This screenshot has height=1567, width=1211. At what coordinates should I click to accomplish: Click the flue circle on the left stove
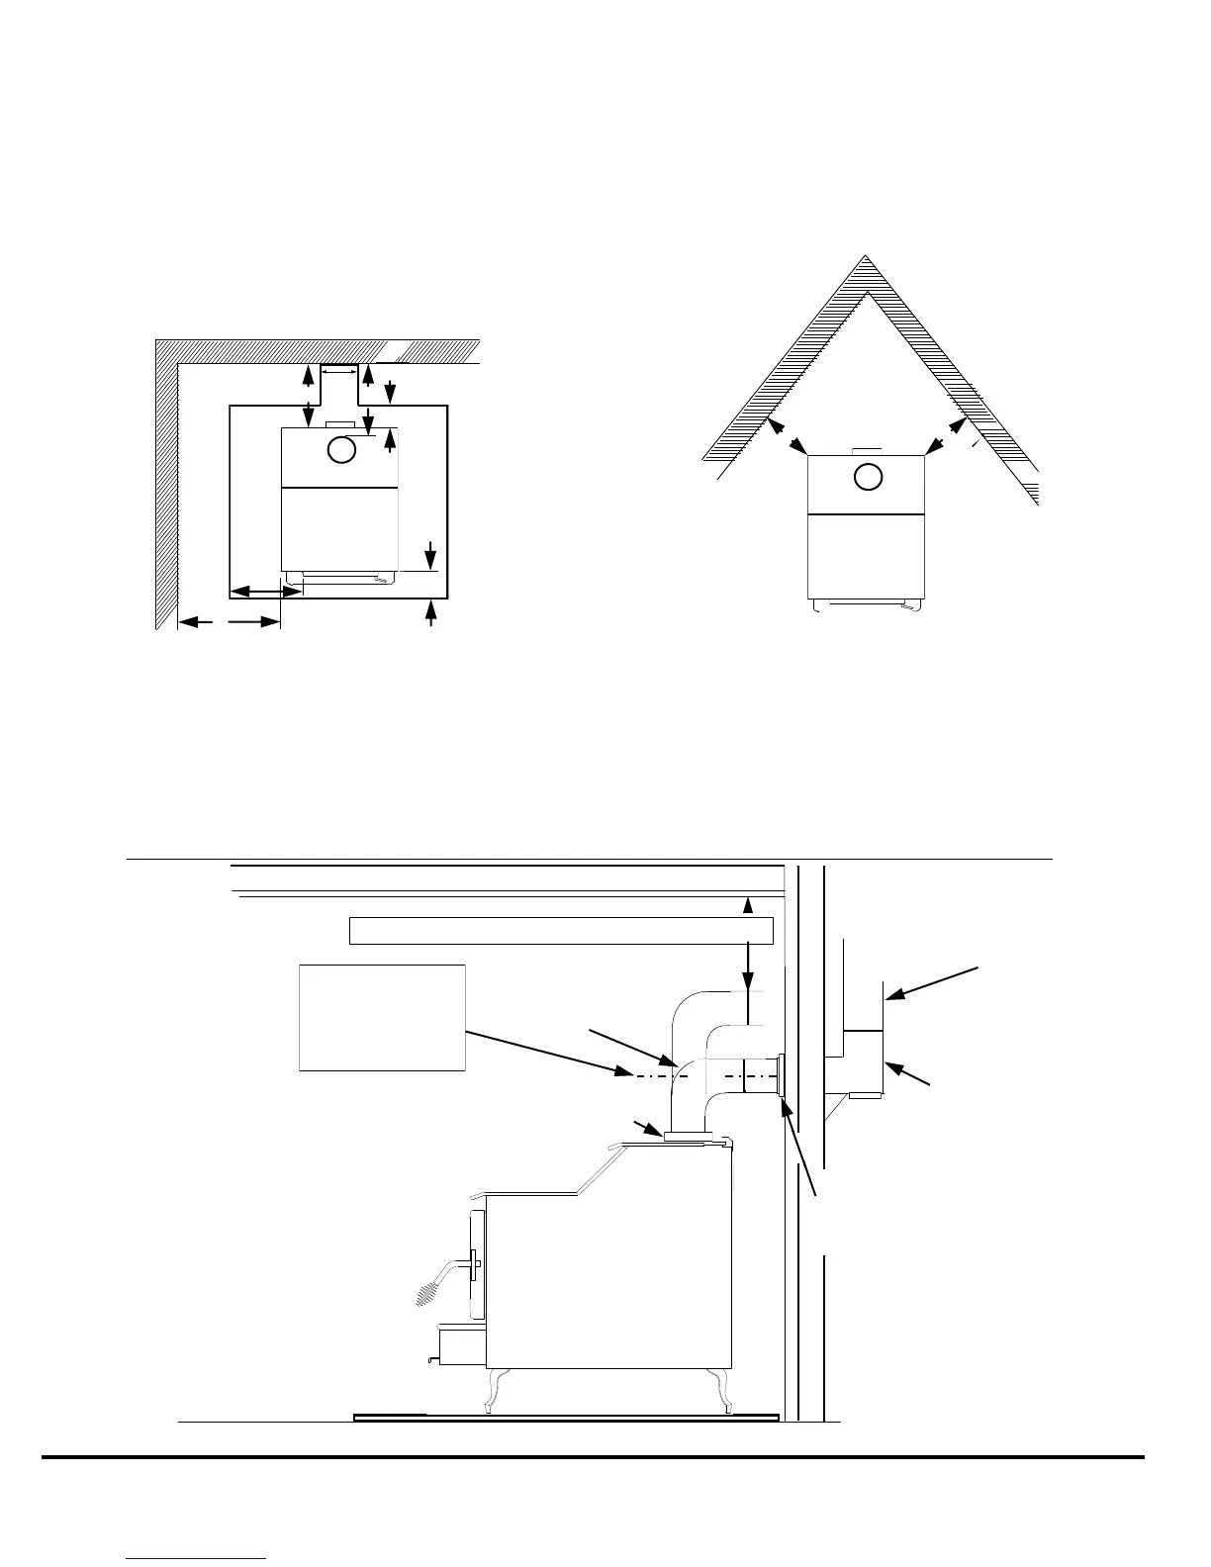click(340, 450)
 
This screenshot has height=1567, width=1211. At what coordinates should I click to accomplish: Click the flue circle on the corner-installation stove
click(867, 477)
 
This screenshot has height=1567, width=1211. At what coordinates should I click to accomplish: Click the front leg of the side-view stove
click(492, 1389)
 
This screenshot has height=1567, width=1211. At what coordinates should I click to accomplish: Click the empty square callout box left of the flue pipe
click(382, 1016)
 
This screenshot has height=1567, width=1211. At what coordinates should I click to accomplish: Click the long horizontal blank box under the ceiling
click(560, 931)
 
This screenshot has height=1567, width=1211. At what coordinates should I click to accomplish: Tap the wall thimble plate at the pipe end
click(781, 1076)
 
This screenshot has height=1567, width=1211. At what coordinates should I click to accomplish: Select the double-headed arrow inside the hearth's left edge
click(265, 592)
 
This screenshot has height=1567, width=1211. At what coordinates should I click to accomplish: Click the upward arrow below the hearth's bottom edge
click(429, 613)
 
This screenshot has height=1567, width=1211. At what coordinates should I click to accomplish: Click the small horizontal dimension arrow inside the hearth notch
click(338, 373)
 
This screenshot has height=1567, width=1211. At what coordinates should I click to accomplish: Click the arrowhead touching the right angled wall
click(957, 425)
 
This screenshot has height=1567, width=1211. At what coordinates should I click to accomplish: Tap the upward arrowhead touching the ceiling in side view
click(749, 902)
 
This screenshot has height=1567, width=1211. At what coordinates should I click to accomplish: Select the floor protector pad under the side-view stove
click(566, 1417)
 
